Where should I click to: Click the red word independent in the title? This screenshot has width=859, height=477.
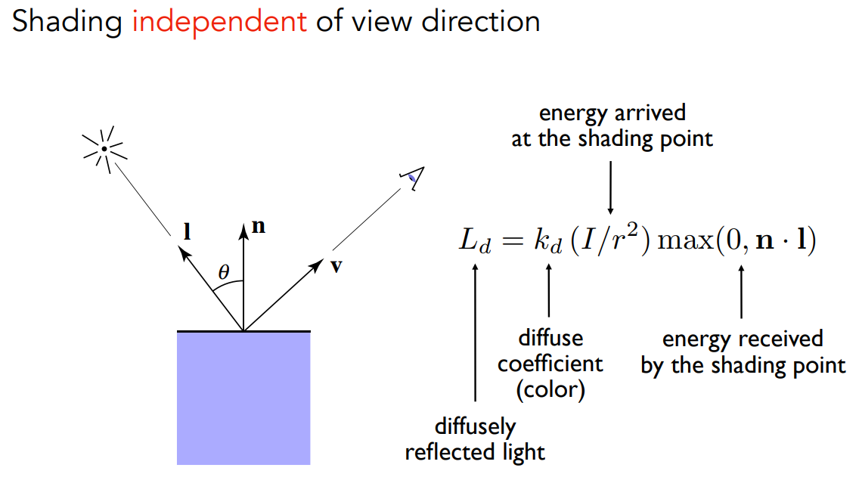click(x=219, y=21)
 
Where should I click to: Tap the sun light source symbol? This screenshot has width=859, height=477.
click(x=104, y=147)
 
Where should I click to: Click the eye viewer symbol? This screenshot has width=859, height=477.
click(x=414, y=178)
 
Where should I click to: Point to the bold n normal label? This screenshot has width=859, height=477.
click(x=258, y=226)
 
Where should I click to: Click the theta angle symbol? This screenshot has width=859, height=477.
click(x=223, y=272)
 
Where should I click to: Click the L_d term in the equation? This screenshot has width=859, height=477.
click(x=476, y=243)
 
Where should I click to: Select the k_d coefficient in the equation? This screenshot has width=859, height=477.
click(x=548, y=243)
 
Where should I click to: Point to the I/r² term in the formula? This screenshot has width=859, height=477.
click(x=611, y=242)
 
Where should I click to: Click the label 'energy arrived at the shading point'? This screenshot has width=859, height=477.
click(x=612, y=126)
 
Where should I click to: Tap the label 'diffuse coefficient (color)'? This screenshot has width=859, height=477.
click(x=550, y=364)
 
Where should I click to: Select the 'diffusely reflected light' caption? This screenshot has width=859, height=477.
click(x=475, y=439)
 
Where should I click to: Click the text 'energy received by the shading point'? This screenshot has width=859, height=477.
click(x=743, y=352)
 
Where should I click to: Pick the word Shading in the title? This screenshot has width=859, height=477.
click(x=67, y=21)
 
